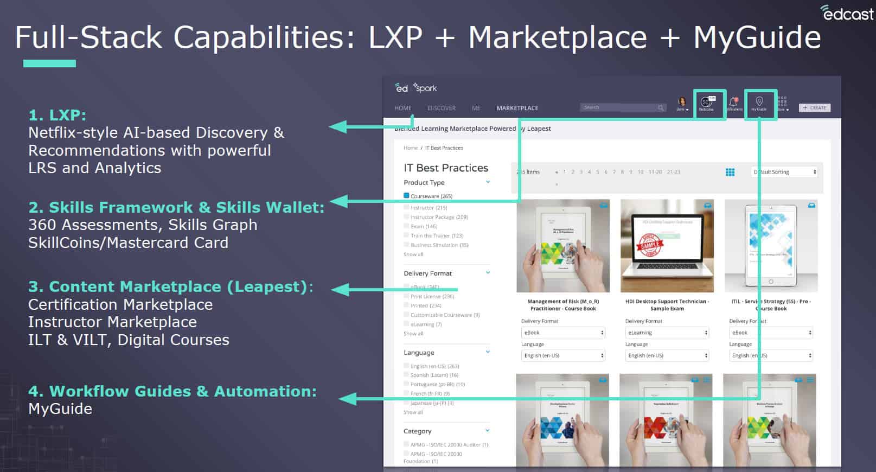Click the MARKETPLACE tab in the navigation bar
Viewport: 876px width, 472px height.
[x=517, y=108]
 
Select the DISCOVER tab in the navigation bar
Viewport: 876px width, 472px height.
[x=442, y=108]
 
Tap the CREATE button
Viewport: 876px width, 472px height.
[x=815, y=108]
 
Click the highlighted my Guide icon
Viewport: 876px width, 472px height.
[x=759, y=104]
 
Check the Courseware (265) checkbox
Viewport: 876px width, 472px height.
[x=406, y=196]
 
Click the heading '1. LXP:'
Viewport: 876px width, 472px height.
[x=57, y=115]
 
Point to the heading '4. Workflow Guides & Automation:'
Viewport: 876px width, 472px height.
[x=172, y=391]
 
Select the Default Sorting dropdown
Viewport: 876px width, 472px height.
[x=784, y=172]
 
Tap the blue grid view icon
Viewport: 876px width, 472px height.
[x=730, y=172]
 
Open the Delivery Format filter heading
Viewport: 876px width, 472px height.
[x=427, y=273]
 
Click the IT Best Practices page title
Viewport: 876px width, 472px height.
[x=446, y=168]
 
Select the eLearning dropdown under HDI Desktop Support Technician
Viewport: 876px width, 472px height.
[x=667, y=333]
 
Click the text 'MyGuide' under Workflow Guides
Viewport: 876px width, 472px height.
[x=60, y=409]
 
